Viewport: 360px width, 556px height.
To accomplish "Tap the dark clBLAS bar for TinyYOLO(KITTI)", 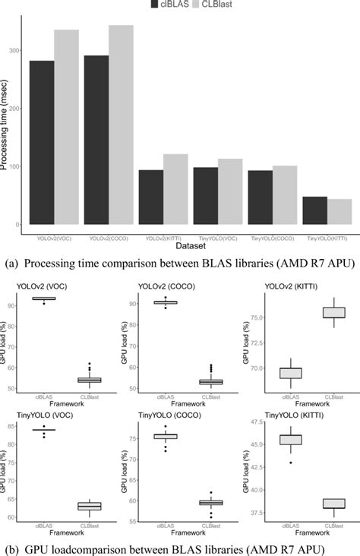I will point(314,210).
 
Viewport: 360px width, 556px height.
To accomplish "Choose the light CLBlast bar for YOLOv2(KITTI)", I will point(175,189).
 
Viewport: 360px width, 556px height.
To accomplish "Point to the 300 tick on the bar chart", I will point(14,51).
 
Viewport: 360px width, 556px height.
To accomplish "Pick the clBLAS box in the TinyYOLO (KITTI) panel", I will point(290,440).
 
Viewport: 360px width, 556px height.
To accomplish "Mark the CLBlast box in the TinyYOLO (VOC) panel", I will point(90,506).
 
